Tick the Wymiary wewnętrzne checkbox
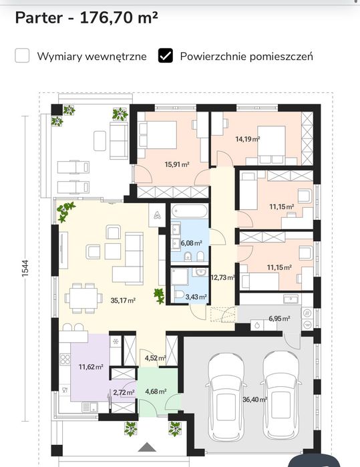click(x=22, y=55)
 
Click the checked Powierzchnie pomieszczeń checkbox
click(x=165, y=55)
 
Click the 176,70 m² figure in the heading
click(x=119, y=17)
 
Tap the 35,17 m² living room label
click(x=123, y=300)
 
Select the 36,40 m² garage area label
click(x=254, y=400)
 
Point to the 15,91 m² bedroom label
click(x=177, y=164)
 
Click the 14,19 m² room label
click(x=248, y=139)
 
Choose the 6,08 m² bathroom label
click(x=192, y=243)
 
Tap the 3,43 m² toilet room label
click(x=196, y=297)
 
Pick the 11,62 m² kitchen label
click(x=91, y=367)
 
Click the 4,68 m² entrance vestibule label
click(x=156, y=392)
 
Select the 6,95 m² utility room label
click(x=279, y=319)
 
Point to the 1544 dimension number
click(x=25, y=269)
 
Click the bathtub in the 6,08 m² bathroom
click(x=190, y=212)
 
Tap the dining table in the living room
click(x=83, y=299)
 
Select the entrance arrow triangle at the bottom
click(x=147, y=447)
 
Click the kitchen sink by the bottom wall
click(x=89, y=407)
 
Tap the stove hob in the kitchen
click(x=65, y=359)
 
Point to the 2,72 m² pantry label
click(x=124, y=393)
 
